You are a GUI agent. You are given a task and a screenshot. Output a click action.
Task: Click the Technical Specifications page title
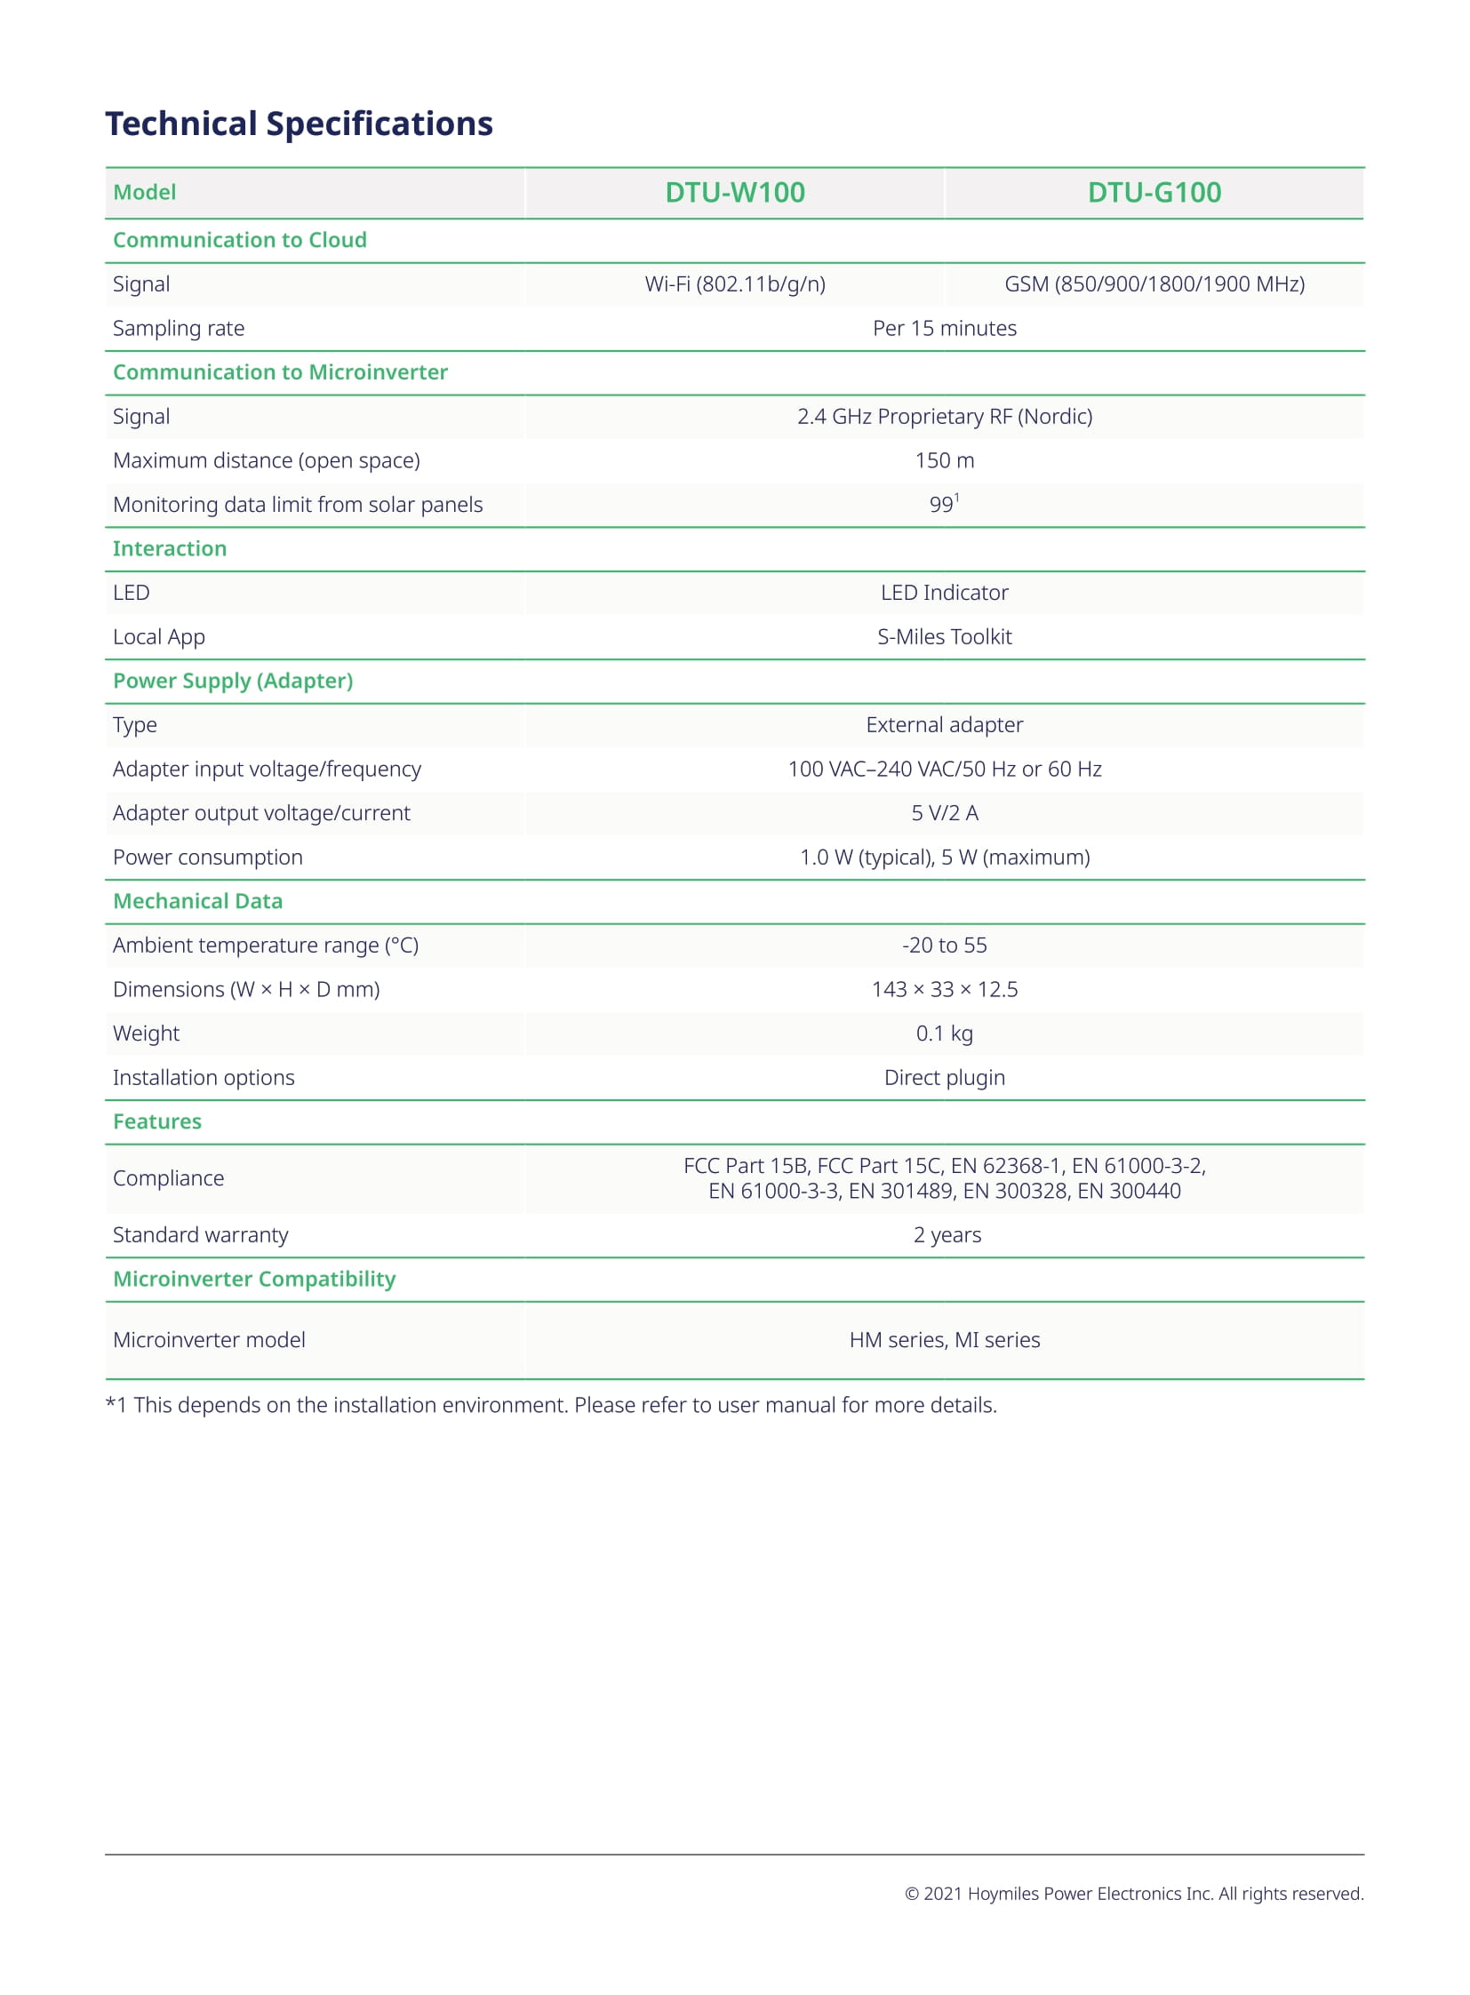tap(299, 124)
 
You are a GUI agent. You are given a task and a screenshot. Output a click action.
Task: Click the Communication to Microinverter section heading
tap(279, 372)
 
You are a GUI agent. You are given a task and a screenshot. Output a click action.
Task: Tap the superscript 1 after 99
tap(956, 499)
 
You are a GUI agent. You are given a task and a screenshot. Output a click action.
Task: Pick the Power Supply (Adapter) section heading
tap(232, 681)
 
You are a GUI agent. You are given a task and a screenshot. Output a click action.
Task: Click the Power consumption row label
tap(207, 857)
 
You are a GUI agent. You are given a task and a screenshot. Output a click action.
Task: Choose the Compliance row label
tap(168, 1178)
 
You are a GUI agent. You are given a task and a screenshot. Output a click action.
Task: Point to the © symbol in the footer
tap(911, 1894)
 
